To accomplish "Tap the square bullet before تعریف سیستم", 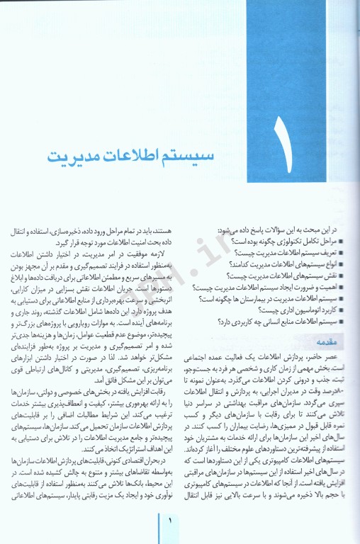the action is click(342, 253).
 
